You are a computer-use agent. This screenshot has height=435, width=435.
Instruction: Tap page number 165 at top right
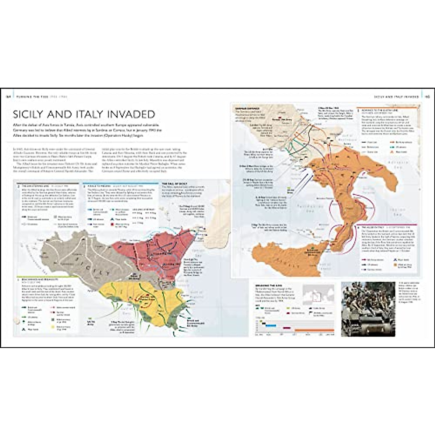click(427, 97)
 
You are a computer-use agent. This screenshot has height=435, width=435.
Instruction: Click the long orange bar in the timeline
click(314, 330)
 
